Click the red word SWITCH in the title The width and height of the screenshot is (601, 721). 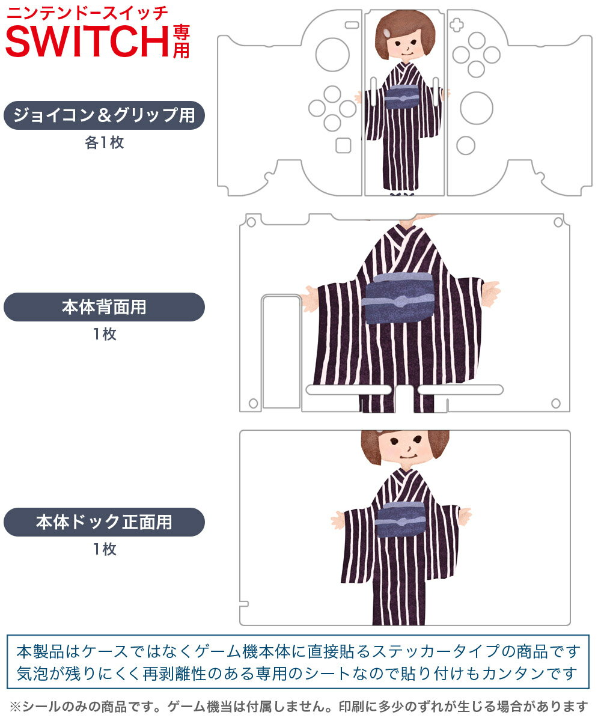88,41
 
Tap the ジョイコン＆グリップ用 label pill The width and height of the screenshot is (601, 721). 104,115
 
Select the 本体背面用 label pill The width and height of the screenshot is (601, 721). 104,307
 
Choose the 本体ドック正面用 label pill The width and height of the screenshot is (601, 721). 104,522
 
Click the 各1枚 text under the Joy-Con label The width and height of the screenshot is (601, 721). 105,142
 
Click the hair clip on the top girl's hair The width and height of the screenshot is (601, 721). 387,33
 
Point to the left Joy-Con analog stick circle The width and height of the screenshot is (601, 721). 332,55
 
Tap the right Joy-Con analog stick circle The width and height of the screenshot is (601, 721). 477,108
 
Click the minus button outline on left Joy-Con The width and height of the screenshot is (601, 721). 352,25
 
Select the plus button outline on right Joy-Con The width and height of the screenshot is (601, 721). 457,25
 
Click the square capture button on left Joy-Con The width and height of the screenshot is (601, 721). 343,145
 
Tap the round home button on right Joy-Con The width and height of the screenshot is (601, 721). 466,145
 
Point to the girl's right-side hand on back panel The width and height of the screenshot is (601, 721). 491,294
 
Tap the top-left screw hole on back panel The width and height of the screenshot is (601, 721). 251,222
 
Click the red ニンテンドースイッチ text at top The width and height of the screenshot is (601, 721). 87,13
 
